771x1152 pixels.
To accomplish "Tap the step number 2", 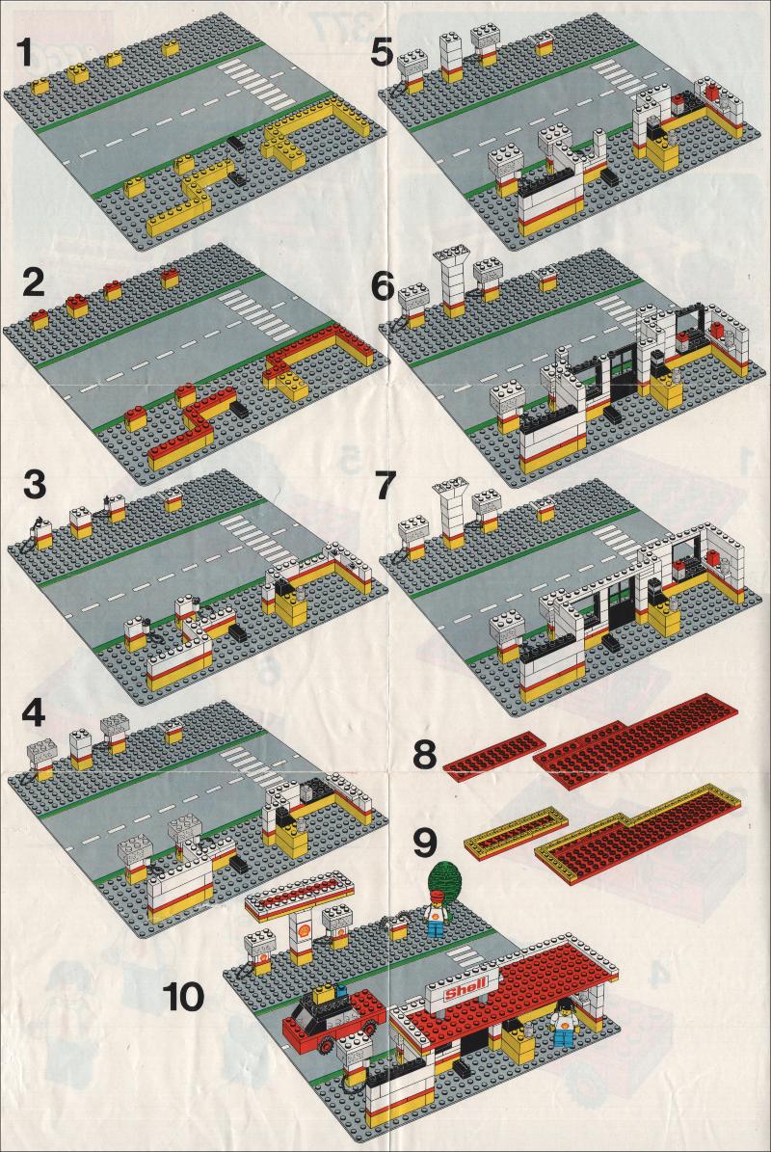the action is [x=34, y=282].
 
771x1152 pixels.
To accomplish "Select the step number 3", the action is [x=35, y=485].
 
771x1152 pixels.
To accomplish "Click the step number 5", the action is [x=384, y=53].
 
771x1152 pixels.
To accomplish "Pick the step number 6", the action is [x=384, y=287].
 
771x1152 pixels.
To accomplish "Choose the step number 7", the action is [x=385, y=487].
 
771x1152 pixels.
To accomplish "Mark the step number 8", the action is [x=425, y=755].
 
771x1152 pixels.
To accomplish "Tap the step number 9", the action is [x=425, y=844].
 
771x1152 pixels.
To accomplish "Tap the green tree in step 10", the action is [x=446, y=878].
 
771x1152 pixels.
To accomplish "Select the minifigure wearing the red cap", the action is [x=437, y=913].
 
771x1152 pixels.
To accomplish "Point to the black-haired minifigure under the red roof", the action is [x=564, y=1023].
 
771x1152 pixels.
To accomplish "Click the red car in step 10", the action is [x=334, y=1019].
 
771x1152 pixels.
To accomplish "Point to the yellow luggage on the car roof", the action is [x=321, y=995].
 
